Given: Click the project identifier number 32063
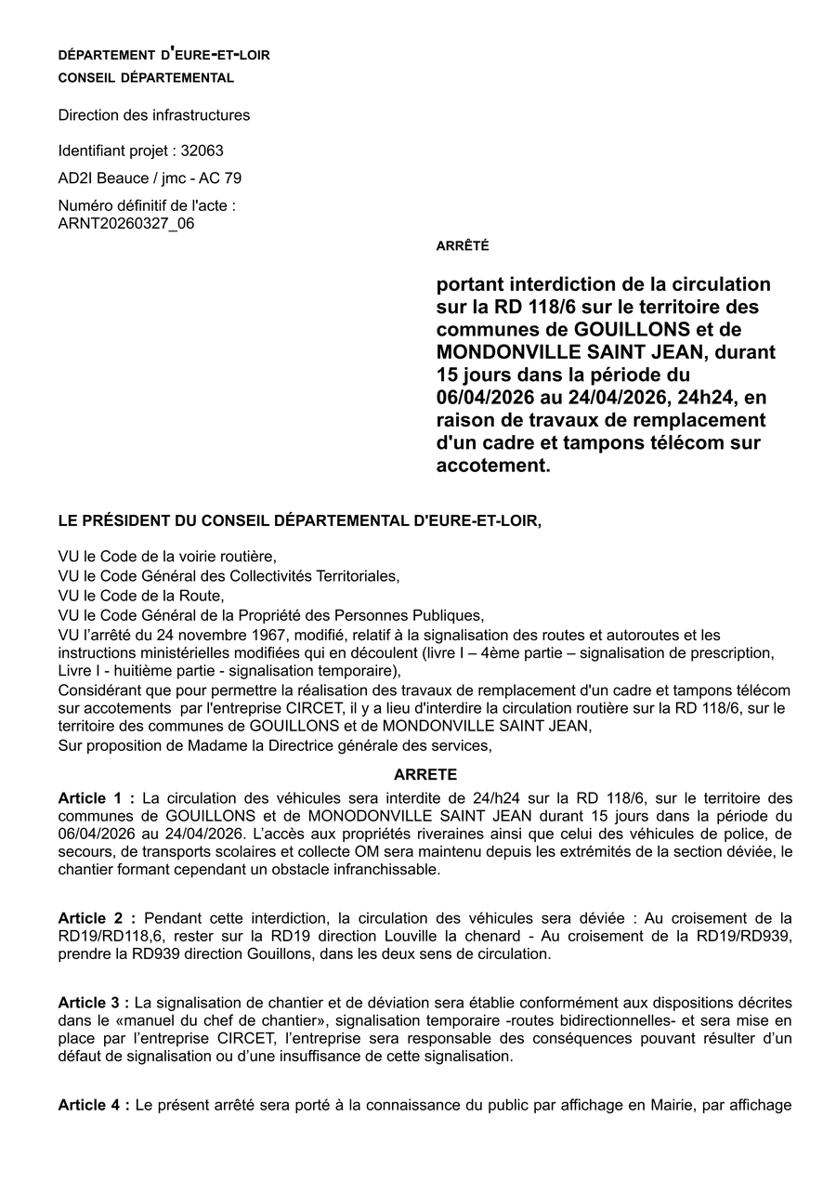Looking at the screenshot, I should (202, 151).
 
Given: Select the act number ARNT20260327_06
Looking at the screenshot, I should (126, 223).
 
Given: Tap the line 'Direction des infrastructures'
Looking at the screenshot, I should (153, 115).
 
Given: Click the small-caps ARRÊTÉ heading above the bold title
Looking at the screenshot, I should (463, 246).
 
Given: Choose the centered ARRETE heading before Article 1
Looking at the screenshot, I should (425, 774).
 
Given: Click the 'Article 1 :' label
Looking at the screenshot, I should (96, 798).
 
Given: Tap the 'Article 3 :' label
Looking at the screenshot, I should (94, 1003).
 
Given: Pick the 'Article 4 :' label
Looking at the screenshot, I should (94, 1105).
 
